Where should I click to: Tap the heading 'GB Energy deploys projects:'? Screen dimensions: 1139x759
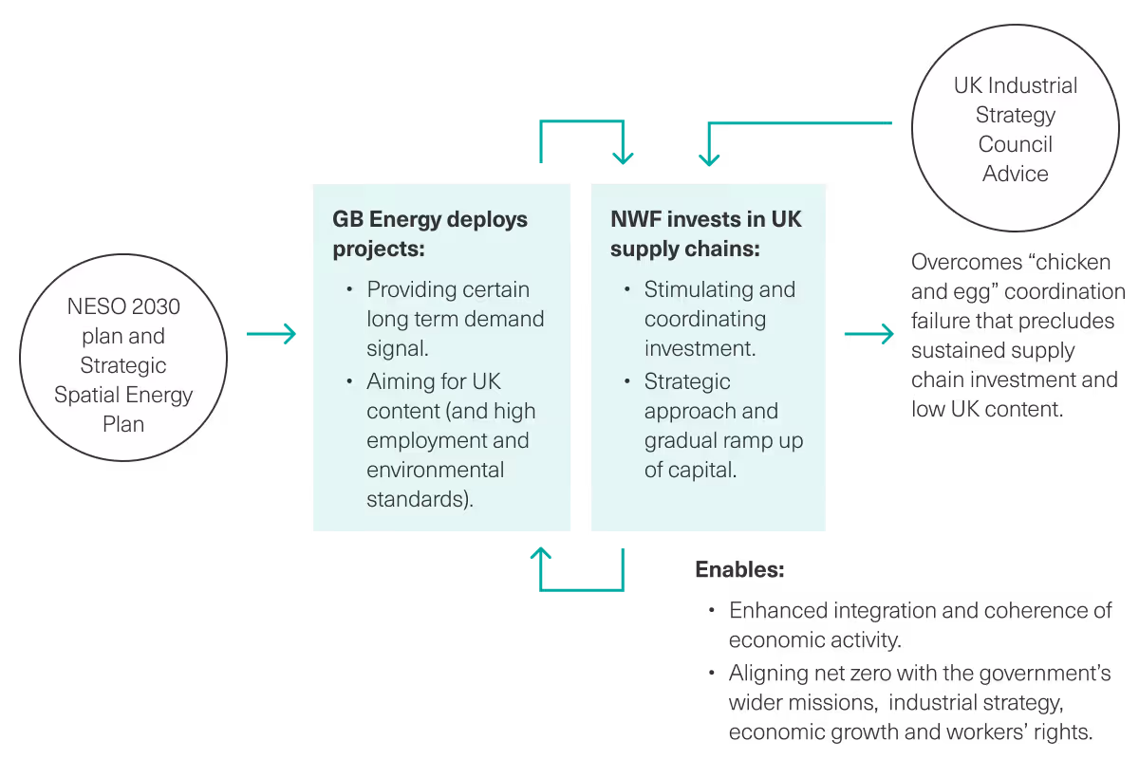coord(430,233)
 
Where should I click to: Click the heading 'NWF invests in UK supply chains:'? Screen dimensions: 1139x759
coord(706,233)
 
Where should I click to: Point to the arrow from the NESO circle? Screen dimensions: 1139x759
coord(271,334)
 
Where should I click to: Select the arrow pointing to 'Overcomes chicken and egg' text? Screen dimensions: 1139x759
coord(869,334)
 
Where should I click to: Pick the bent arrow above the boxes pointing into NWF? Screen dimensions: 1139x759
coord(582,121)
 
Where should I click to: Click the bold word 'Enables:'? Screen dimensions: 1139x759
coord(739,569)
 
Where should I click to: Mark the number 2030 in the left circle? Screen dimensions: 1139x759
coord(156,306)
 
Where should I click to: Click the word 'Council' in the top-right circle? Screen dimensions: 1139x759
coord(1015,144)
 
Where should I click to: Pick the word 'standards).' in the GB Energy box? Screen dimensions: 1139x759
coord(420,499)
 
